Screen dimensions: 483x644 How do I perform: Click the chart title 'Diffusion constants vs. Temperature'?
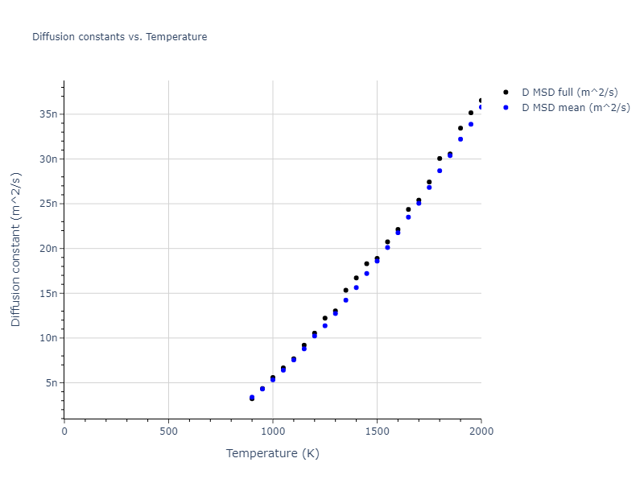pos(119,37)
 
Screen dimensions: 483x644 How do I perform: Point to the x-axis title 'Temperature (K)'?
pos(272,453)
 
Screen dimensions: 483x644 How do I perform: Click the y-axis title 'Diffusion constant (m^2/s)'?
pos(16,250)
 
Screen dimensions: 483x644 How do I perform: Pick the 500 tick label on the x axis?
pos(168,431)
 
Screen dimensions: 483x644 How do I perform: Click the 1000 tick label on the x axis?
pos(273,431)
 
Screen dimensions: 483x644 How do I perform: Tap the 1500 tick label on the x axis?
pos(377,431)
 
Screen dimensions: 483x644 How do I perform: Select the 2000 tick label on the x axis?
pos(481,431)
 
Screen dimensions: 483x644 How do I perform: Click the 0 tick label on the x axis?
pos(64,431)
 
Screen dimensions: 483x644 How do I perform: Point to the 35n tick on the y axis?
pos(49,114)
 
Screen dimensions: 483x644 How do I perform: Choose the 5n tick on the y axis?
pos(52,383)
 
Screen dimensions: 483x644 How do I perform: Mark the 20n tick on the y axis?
pos(49,249)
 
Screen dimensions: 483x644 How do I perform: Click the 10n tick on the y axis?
pos(49,338)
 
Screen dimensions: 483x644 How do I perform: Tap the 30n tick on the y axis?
pos(49,159)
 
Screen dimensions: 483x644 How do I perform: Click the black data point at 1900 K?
pos(460,128)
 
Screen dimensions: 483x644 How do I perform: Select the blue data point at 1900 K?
pos(460,139)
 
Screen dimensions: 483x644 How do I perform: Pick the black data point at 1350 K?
pos(346,291)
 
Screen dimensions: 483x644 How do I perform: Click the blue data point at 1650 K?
pos(408,217)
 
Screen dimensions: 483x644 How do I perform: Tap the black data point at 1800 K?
pos(440,159)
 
